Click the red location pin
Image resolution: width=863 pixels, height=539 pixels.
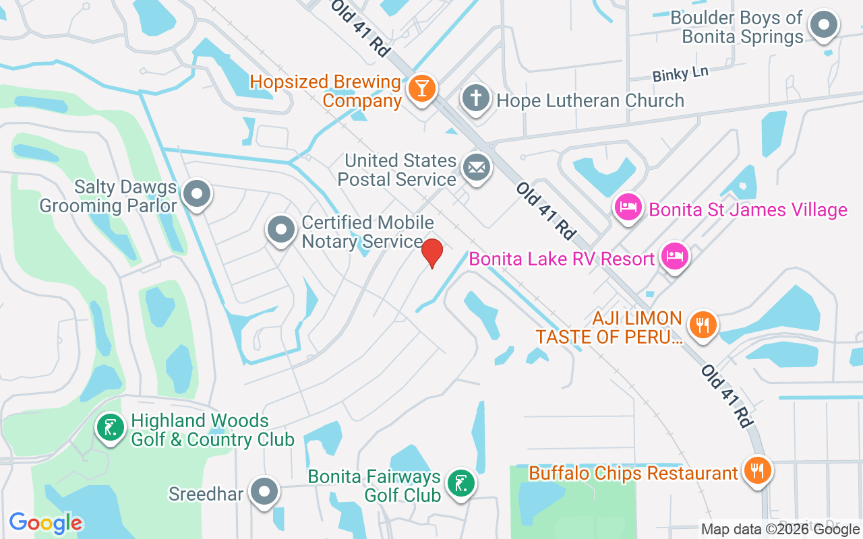tap(431, 253)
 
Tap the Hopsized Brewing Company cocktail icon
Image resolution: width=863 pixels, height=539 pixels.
tap(422, 88)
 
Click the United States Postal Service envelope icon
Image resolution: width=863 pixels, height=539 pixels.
tap(477, 167)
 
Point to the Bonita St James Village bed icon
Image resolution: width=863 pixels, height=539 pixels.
tap(628, 207)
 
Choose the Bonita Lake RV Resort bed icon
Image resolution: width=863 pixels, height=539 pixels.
tap(674, 257)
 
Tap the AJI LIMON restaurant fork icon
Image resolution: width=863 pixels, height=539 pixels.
tap(703, 325)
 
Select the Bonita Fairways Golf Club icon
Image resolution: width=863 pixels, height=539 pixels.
tap(460, 483)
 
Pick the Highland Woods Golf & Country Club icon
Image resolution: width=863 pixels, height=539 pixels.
tap(110, 428)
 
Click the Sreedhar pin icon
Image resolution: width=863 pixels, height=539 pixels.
tap(264, 493)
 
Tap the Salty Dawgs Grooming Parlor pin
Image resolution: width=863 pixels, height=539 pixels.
tap(197, 194)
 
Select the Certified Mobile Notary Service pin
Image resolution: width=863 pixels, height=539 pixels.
tap(280, 230)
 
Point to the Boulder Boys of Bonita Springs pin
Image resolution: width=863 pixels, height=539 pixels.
tap(823, 26)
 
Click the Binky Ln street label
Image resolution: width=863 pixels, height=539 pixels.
tap(680, 74)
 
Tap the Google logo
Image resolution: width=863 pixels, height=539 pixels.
tap(46, 523)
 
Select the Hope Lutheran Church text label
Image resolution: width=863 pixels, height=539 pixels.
tap(590, 101)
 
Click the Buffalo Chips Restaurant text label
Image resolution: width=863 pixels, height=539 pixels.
tap(633, 474)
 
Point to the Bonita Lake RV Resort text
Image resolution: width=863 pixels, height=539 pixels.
tap(562, 259)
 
